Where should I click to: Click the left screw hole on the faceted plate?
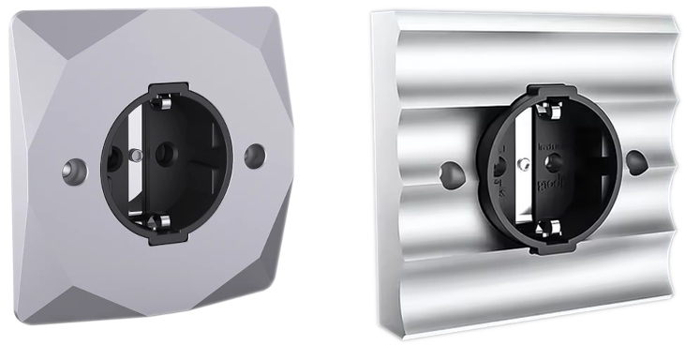coord(71,170)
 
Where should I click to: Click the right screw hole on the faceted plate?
coord(254,155)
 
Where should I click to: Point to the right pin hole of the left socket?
coord(167,153)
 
